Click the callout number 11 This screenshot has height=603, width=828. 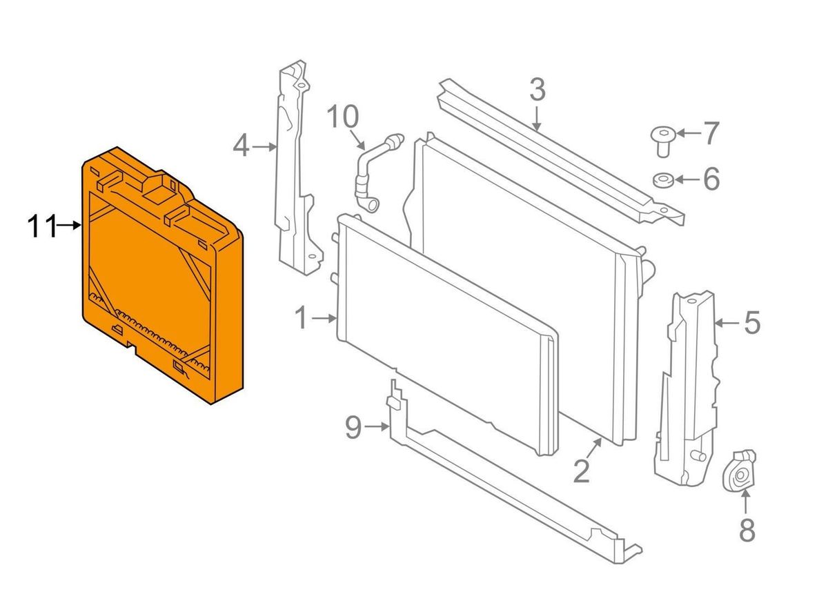click(x=41, y=226)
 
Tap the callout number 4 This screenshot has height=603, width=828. click(x=241, y=146)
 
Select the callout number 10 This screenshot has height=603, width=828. click(x=343, y=116)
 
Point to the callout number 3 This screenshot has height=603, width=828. click(x=538, y=90)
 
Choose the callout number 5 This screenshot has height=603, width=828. click(x=752, y=322)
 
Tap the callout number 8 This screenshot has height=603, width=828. click(x=747, y=530)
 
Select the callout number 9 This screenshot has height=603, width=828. click(x=353, y=427)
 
